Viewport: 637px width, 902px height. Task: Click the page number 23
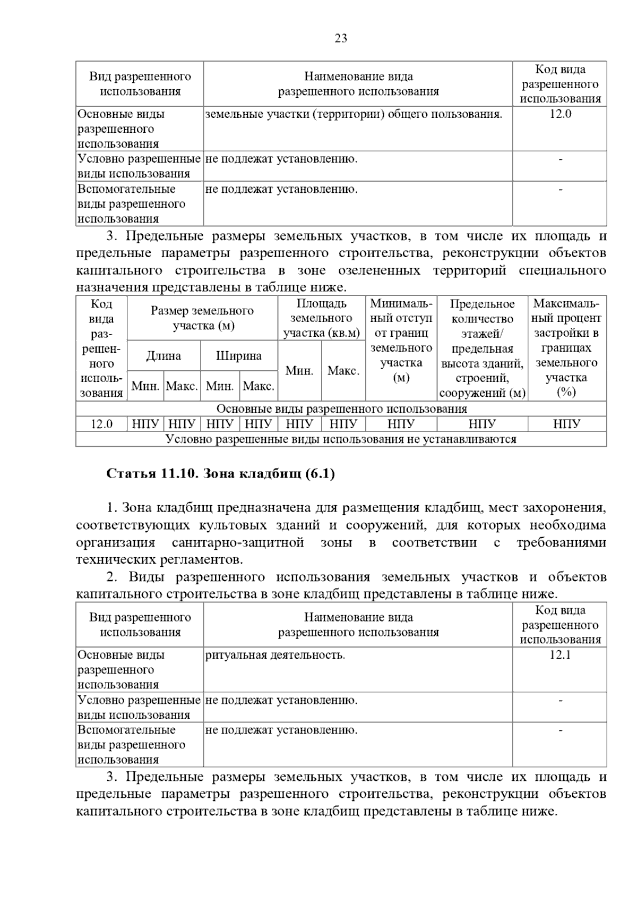tap(341, 38)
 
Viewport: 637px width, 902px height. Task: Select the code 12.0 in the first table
tap(559, 114)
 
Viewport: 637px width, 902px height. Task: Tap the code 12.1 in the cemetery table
tap(559, 655)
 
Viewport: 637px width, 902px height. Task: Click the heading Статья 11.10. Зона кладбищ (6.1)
tap(220, 474)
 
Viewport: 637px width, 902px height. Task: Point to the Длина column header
tap(163, 356)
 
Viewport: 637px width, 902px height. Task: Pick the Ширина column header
tap(238, 356)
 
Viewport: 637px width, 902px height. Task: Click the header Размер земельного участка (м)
tap(202, 318)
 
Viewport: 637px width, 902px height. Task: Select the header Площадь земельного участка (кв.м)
tap(321, 318)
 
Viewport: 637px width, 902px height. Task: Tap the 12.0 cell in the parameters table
tap(101, 424)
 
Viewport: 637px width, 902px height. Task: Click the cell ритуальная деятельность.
tap(275, 655)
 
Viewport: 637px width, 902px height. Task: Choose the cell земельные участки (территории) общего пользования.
tap(353, 114)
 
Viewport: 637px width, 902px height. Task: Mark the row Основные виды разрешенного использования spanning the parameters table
tap(341, 409)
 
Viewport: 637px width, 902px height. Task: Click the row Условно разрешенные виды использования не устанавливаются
tap(341, 439)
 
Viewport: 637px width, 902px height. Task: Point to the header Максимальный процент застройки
tap(566, 348)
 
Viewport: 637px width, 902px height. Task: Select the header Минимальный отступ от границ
tap(401, 341)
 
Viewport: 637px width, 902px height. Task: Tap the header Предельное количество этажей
tap(482, 348)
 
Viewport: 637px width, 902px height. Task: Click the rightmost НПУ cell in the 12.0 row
tap(566, 424)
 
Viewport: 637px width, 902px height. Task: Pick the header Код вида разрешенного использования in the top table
tap(559, 84)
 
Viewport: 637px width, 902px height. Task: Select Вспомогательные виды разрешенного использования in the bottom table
tap(131, 744)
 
